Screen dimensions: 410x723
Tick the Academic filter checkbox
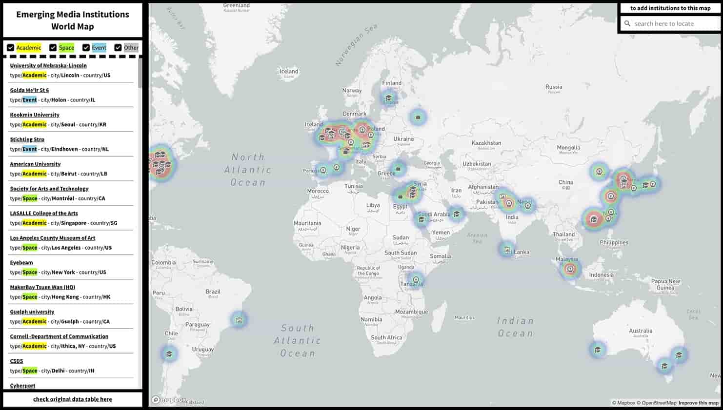click(x=10, y=47)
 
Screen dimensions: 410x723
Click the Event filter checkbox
click(x=86, y=47)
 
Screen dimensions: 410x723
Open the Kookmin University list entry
click(x=35, y=115)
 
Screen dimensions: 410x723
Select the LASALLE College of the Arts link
click(x=44, y=214)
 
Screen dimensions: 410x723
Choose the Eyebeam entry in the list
click(x=21, y=263)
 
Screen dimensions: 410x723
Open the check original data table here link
click(x=73, y=399)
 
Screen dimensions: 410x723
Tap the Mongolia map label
click(x=568, y=148)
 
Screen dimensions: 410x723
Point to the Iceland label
click(x=289, y=72)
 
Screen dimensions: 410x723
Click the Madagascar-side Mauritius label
click(x=464, y=317)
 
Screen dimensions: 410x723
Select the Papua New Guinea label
click(x=665, y=284)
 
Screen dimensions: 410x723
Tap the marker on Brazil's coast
click(x=239, y=320)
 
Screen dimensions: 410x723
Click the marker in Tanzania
click(x=416, y=280)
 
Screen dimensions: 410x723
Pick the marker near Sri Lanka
click(x=507, y=250)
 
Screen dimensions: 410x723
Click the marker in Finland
click(x=389, y=98)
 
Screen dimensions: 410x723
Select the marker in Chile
click(x=169, y=354)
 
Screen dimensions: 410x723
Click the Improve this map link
click(x=699, y=403)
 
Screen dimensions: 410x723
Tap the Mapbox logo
click(x=169, y=400)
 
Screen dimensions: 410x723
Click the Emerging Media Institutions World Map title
click(x=73, y=20)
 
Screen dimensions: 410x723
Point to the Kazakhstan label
click(x=486, y=143)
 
